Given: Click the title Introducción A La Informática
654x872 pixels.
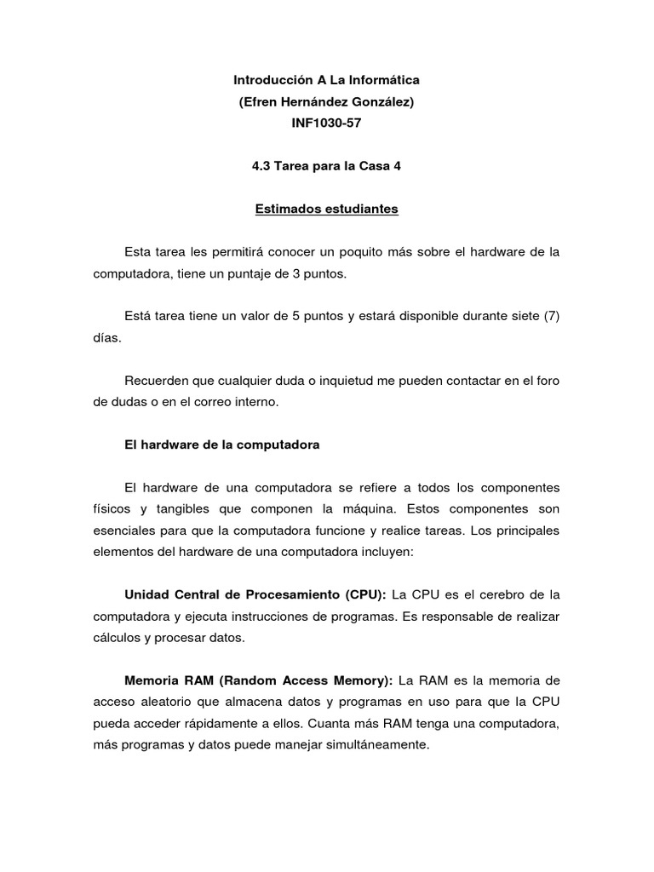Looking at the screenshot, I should point(327,80).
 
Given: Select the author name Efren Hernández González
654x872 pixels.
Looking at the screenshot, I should point(327,102).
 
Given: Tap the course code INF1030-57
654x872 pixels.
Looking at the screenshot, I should point(327,123).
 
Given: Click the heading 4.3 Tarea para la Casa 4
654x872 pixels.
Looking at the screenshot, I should point(327,166).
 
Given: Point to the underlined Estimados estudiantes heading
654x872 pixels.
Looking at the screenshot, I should point(327,209).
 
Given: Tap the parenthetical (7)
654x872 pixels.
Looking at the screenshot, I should point(551,316).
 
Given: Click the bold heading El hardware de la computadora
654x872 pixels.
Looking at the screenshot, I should point(221,444).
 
